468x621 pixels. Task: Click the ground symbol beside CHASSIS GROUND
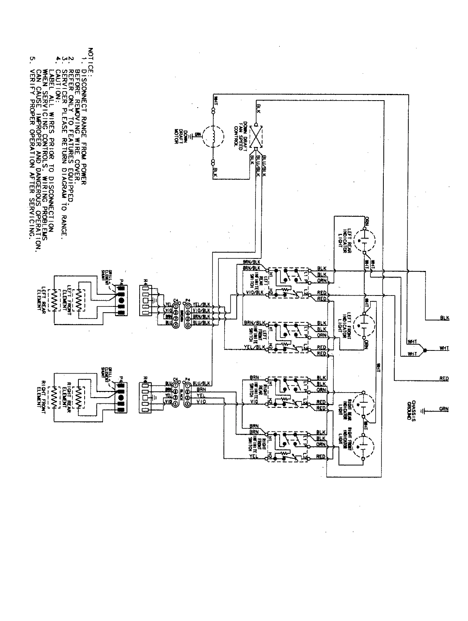point(424,410)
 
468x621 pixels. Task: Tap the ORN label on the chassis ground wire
point(444,409)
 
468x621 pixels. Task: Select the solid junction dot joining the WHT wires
point(425,350)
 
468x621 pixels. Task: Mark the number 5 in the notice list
point(32,60)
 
